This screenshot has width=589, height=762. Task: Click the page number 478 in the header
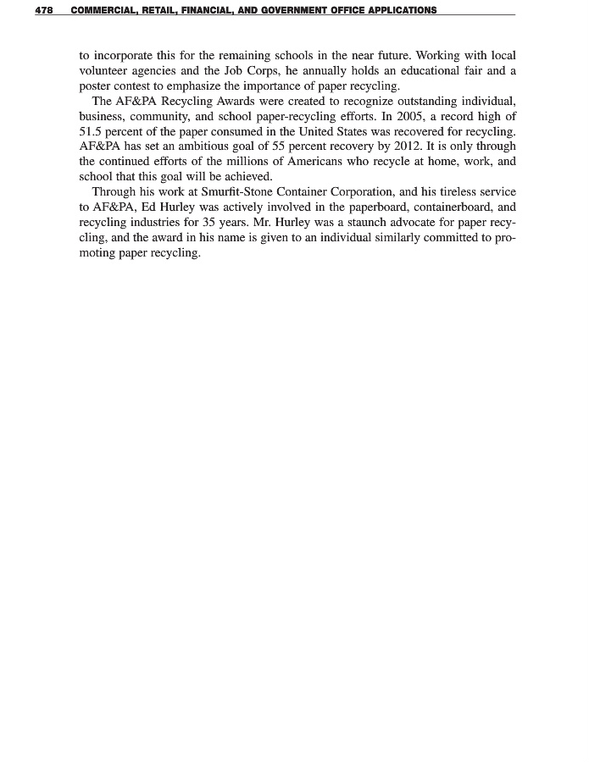click(44, 11)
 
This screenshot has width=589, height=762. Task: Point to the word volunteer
click(105, 71)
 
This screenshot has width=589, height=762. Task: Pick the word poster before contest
click(97, 86)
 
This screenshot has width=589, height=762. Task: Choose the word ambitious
click(207, 146)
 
